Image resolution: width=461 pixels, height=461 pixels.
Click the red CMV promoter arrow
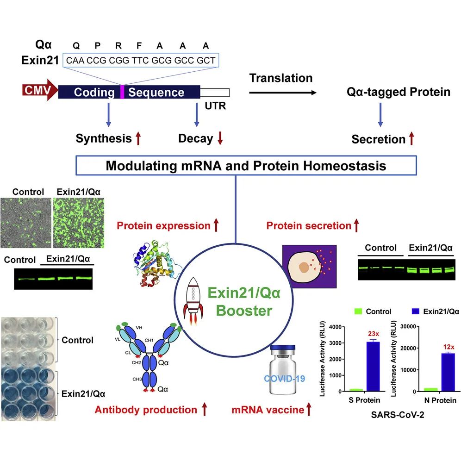coord(40,90)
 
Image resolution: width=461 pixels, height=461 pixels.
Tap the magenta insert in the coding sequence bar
coord(122,92)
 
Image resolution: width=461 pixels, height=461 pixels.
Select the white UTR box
coord(215,93)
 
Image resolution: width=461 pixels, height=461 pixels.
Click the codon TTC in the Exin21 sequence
coord(140,60)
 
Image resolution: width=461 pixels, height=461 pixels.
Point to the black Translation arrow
coord(283,93)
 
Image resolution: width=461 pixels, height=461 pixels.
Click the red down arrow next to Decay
coord(220,138)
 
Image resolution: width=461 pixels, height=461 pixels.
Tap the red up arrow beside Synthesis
coord(138,138)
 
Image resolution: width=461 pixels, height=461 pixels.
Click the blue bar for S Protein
coord(373,366)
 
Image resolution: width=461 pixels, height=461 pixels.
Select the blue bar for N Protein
coord(449,372)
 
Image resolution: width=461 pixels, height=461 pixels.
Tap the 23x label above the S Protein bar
coord(374,334)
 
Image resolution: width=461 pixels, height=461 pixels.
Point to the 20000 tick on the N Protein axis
coord(408,348)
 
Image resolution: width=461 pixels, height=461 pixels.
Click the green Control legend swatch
coord(358,311)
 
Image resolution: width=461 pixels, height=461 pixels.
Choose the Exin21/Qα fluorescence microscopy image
coord(79,223)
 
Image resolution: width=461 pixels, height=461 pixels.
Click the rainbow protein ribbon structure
coord(156,263)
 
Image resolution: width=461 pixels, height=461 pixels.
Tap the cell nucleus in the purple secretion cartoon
coord(304,267)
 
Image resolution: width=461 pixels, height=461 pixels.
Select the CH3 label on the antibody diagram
coord(137,379)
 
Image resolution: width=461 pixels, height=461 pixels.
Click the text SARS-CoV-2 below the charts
coord(398,415)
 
